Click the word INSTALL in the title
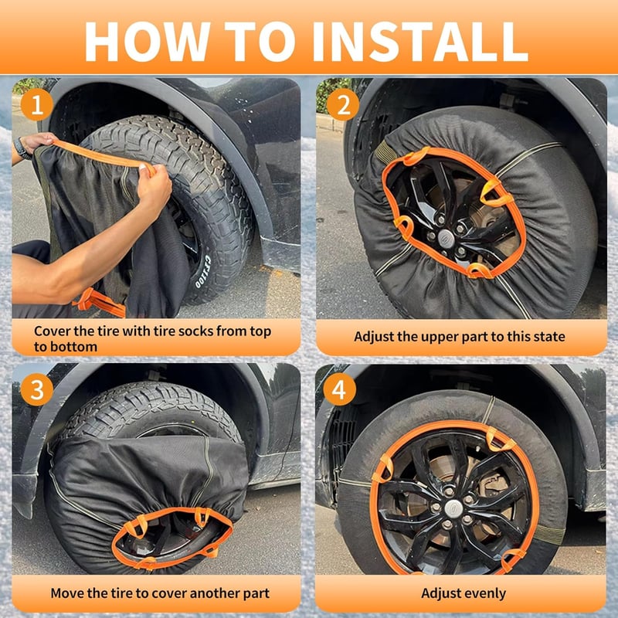click(419, 42)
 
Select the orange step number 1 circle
click(37, 105)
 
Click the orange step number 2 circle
click(343, 105)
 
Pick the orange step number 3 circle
click(37, 389)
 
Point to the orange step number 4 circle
click(339, 389)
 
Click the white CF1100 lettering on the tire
click(203, 272)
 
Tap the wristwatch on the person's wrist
click(22, 148)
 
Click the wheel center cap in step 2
click(446, 239)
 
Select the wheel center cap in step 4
click(453, 508)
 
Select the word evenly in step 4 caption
click(486, 594)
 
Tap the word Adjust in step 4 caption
click(441, 594)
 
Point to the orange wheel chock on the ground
click(100, 303)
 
